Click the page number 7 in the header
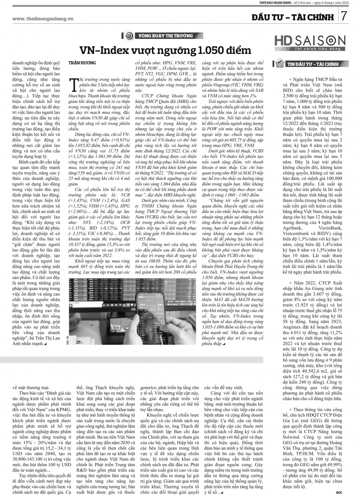[344, 16]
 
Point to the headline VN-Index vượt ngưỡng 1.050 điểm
[165, 50]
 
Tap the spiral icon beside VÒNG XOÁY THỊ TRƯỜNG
[128, 36]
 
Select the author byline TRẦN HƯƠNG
[82, 63]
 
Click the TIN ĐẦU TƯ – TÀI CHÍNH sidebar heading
[312, 64]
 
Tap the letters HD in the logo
[284, 40]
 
